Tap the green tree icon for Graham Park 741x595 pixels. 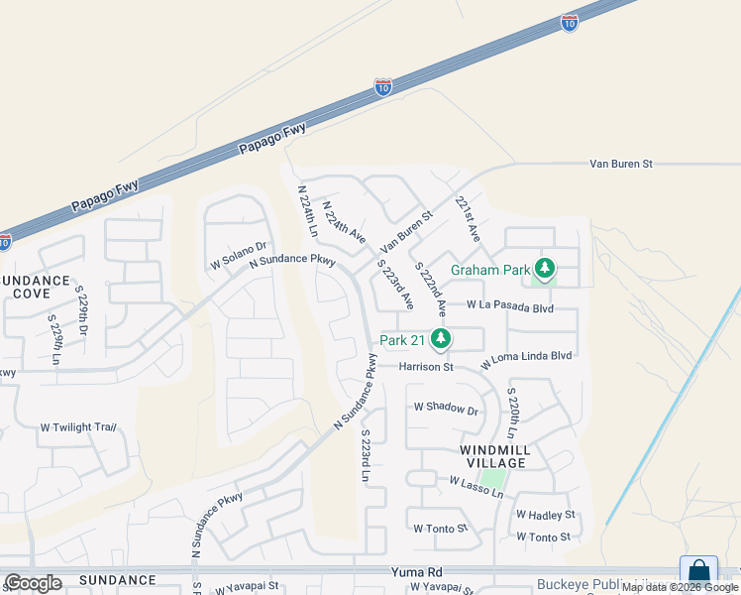click(544, 268)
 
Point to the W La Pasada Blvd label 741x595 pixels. click(508, 307)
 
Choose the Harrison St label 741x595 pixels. click(426, 367)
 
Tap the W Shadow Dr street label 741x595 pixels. click(446, 408)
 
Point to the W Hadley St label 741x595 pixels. click(545, 515)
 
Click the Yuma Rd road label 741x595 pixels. click(417, 573)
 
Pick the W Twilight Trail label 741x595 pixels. click(78, 427)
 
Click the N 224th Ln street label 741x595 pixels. click(307, 209)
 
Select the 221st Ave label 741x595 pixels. click(468, 218)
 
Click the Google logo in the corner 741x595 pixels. click(33, 583)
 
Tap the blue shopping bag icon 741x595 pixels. click(698, 572)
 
